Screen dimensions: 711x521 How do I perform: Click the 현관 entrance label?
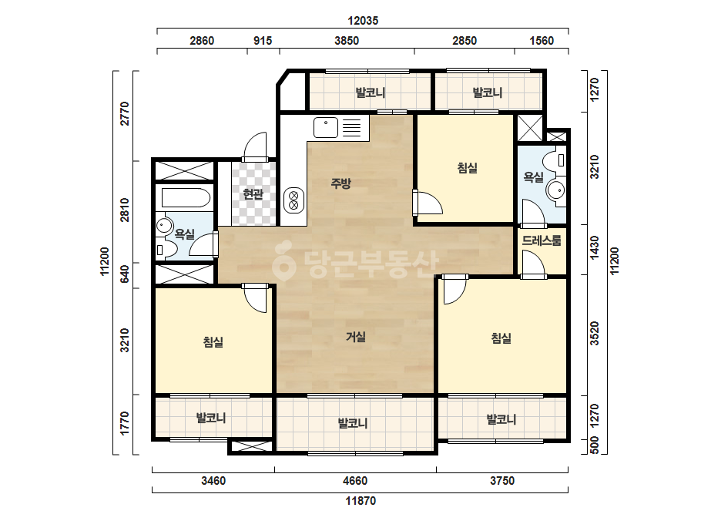(x=253, y=194)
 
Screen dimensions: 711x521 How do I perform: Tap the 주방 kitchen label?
(x=341, y=183)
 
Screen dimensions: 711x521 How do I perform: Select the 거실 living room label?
(x=356, y=337)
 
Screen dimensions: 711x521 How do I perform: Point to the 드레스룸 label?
(x=542, y=240)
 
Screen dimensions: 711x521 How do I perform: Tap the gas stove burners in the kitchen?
(x=293, y=200)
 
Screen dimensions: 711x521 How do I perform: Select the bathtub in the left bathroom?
(x=186, y=198)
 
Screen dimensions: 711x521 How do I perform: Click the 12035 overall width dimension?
(x=363, y=20)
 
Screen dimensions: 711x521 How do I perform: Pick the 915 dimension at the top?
(x=263, y=41)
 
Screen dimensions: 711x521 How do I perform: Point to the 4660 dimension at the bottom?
(x=355, y=481)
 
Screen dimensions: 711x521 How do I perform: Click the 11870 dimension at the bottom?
(x=361, y=501)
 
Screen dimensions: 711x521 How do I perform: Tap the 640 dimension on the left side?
(x=124, y=274)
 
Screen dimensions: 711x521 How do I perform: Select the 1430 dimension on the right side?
(x=595, y=248)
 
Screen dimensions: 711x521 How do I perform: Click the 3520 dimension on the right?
(x=595, y=334)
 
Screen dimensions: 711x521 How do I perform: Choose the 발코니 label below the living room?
(x=353, y=423)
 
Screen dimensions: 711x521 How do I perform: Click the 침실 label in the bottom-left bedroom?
(x=213, y=341)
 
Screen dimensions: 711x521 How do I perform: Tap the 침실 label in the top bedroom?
(x=467, y=168)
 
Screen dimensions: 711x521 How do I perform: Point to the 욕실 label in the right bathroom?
(x=533, y=177)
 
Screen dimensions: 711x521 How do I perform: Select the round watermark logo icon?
(x=283, y=260)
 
